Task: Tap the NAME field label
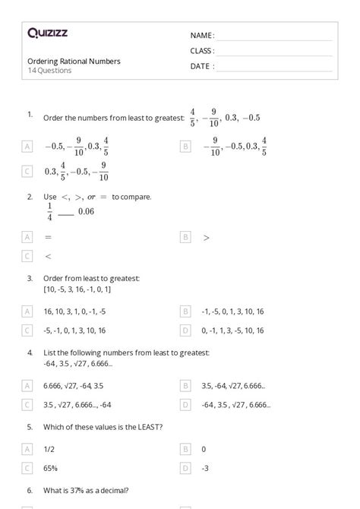[x=202, y=36]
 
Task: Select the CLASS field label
[x=202, y=51]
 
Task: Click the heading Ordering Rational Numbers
[x=74, y=61]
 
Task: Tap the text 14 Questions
[x=50, y=71]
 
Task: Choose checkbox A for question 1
[x=28, y=146]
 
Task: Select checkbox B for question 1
[x=185, y=146]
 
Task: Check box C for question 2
[x=28, y=257]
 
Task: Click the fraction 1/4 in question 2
[x=50, y=211]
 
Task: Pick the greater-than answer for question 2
[x=207, y=237]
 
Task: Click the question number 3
[x=30, y=279]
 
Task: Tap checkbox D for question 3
[x=185, y=330]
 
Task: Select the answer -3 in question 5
[x=205, y=468]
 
